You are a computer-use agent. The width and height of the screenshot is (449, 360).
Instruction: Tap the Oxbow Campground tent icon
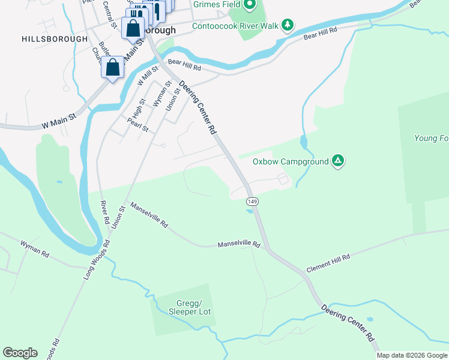tap(338, 161)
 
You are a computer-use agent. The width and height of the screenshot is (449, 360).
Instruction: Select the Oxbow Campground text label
tap(291, 161)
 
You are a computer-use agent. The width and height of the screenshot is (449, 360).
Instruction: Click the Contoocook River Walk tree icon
tap(289, 25)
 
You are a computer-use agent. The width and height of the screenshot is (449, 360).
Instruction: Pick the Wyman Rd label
tap(34, 249)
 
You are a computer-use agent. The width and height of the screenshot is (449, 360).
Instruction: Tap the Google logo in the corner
tap(20, 353)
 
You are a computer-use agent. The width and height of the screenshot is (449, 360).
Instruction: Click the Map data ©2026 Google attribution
tap(412, 355)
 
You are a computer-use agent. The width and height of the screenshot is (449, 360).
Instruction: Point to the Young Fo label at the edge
tap(431, 138)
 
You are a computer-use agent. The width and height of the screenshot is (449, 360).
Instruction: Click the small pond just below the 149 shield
tap(249, 211)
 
